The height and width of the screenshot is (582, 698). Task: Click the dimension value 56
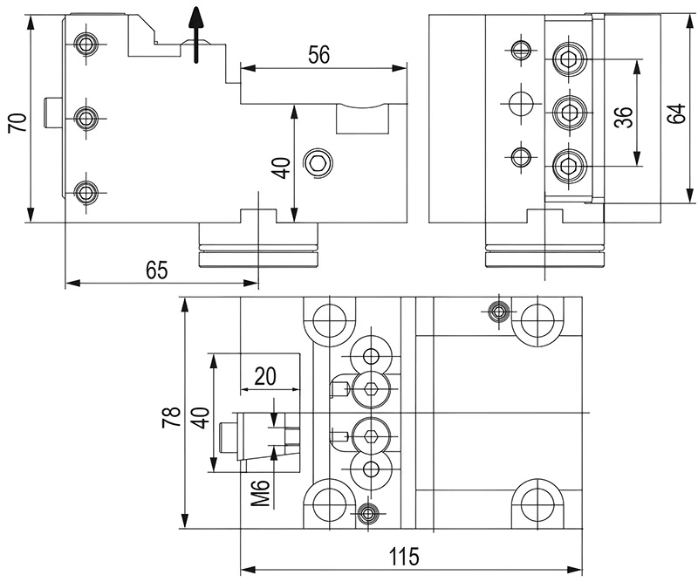tap(318, 54)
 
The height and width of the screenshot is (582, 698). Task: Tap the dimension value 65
tap(155, 270)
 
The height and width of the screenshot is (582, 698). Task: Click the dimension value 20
tap(265, 376)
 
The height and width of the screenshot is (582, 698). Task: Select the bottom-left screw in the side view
tap(86, 192)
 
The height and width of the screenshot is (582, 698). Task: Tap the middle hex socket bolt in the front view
tap(570, 111)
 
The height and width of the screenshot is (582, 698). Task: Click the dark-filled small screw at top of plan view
tap(499, 311)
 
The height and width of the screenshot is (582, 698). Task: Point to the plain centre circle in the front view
tap(521, 102)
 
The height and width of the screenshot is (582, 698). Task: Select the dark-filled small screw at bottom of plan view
tap(367, 512)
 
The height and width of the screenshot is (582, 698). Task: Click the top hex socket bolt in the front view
tap(570, 60)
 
